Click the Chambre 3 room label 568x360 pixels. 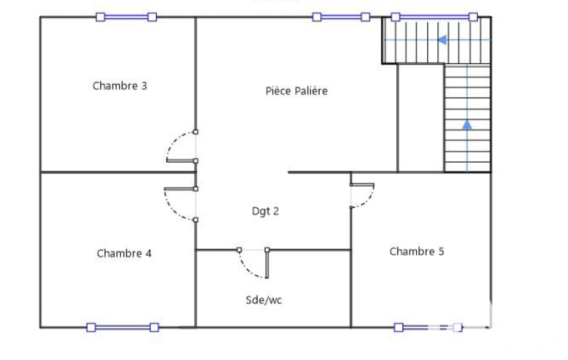pos(120,86)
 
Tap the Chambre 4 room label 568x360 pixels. pos(124,253)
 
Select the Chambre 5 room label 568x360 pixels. pos(417,251)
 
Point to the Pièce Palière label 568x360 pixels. pos(296,90)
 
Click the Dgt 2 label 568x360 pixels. pos(265,211)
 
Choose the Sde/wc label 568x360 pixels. pos(264,300)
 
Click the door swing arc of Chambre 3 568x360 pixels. pos(172,141)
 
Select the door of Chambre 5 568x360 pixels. pos(362,196)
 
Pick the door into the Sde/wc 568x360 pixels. pos(253,264)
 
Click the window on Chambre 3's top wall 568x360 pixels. pos(126,17)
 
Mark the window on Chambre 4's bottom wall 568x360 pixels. pos(122,327)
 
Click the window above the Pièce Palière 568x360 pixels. pos(341,17)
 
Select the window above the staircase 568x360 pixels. pos(434,17)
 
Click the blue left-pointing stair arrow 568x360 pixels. pos(442,40)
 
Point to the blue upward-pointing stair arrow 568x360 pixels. pos(467,124)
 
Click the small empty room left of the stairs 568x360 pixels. pos(421,118)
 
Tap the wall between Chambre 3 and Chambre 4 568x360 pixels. pos(118,172)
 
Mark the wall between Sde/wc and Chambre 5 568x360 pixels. pos(351,289)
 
